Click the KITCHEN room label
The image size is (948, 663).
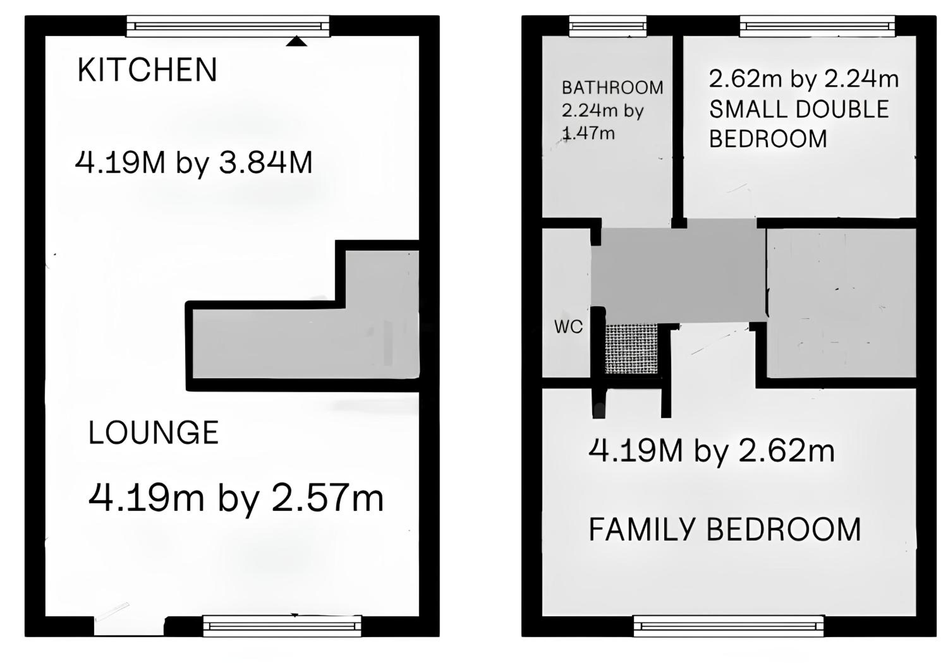click(147, 70)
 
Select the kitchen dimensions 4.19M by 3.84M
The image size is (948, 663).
click(194, 163)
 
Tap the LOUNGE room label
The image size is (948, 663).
click(154, 433)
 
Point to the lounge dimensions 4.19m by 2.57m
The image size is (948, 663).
click(236, 499)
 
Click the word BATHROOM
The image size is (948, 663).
click(613, 88)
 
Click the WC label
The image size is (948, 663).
click(568, 327)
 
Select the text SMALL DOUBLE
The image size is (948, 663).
click(799, 109)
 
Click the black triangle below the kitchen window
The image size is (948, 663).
click(296, 41)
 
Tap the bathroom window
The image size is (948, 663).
click(608, 27)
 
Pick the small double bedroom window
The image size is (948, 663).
click(817, 27)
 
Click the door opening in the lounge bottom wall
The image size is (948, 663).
click(129, 627)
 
